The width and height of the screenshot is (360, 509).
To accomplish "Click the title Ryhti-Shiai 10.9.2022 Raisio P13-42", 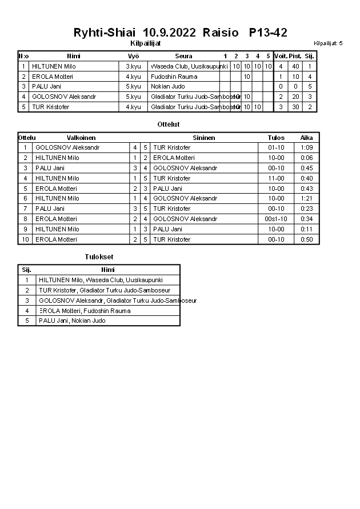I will (x=180, y=33).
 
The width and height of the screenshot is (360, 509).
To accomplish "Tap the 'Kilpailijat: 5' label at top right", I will (x=328, y=43).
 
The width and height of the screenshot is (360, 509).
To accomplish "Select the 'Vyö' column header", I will (x=133, y=56).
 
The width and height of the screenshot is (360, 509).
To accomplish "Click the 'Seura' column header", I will (x=183, y=56).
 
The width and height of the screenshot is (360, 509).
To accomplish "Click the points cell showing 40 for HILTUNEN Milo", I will (x=295, y=66).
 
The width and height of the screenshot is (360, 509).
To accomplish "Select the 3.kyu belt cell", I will (x=133, y=66).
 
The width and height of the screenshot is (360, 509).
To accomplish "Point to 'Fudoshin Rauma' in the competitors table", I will (x=174, y=77).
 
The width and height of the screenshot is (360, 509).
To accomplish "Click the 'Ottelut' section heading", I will (x=168, y=124).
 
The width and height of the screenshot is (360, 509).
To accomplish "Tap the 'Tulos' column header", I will (x=276, y=138).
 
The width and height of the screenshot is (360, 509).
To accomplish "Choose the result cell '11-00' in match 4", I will (x=276, y=178).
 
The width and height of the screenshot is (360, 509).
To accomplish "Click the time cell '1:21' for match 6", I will (x=307, y=198).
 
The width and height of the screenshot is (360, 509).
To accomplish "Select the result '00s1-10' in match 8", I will (x=276, y=219).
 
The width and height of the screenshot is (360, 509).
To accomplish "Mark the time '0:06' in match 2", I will (x=307, y=158).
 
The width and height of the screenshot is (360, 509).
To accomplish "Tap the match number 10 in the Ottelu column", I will (x=25, y=239).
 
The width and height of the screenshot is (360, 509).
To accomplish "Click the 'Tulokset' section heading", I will (x=99, y=257).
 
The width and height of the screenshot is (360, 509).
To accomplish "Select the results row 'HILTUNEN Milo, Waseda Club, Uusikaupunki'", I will (x=101, y=280).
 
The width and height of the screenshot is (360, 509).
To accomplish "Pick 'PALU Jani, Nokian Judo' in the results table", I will (x=72, y=320).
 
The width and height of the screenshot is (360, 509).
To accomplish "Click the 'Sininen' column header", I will (x=204, y=138).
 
